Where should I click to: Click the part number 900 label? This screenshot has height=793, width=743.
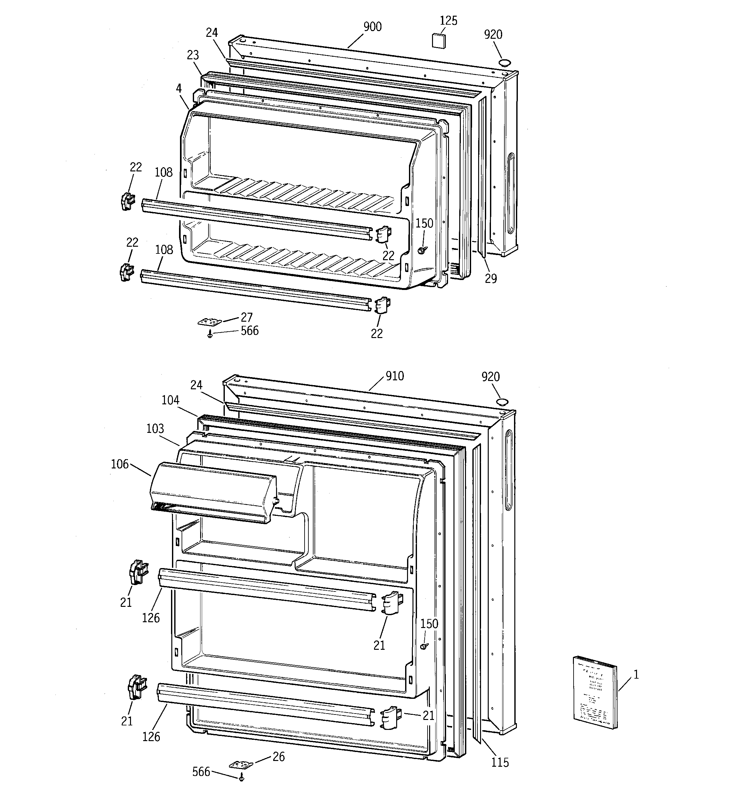pyautogui.click(x=372, y=27)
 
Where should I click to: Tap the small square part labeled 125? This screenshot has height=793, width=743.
pyautogui.click(x=439, y=41)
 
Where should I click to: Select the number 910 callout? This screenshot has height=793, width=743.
pyautogui.click(x=395, y=376)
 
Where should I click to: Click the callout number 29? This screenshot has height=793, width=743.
pyautogui.click(x=491, y=278)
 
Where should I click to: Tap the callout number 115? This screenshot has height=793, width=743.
pyautogui.click(x=500, y=762)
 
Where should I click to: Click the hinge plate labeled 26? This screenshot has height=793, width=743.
pyautogui.click(x=241, y=765)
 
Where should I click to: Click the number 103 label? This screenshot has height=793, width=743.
pyautogui.click(x=155, y=428)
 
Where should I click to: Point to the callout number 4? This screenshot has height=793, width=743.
pyautogui.click(x=179, y=88)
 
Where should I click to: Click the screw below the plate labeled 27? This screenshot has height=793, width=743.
pyautogui.click(x=210, y=335)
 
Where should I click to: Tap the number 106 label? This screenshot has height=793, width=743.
pyautogui.click(x=120, y=464)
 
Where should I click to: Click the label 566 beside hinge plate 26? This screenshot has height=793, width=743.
pyautogui.click(x=201, y=772)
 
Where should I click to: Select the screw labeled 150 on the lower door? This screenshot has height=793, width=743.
pyautogui.click(x=424, y=645)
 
